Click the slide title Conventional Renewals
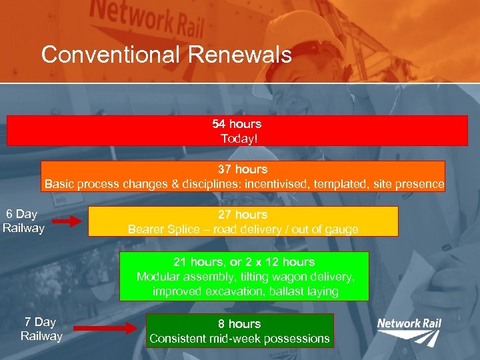pos(167,55)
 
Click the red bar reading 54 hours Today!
pos(237,131)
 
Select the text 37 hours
pos(243,169)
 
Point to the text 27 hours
pos(243,215)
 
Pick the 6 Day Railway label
pos(23,221)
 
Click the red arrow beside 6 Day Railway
pos(66,221)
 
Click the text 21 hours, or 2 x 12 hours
pos(244,262)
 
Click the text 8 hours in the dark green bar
pos(239,324)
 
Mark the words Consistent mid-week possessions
pos(239,339)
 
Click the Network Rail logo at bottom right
pos(409,331)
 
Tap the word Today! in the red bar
pos(237,139)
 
